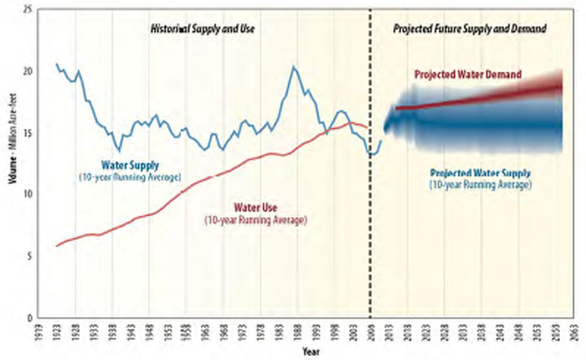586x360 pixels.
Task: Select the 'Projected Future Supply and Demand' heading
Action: tap(469, 29)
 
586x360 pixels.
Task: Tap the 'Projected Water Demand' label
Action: tap(467, 75)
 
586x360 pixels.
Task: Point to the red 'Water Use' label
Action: tap(260, 207)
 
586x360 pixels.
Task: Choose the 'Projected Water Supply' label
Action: tap(480, 173)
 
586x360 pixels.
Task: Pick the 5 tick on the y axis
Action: tap(29, 256)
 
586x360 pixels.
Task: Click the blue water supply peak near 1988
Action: tap(294, 67)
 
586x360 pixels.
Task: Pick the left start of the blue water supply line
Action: tap(55, 64)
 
